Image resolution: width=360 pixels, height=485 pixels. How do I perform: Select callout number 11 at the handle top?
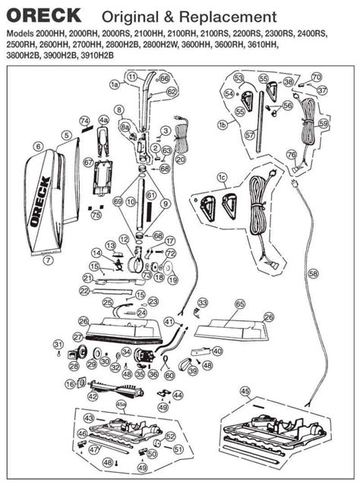[x=131, y=77]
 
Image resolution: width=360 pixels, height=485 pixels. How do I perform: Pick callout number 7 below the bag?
[x=47, y=260]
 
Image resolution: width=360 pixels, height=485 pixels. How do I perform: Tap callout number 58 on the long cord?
[x=314, y=271]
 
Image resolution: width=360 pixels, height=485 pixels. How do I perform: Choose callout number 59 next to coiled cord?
[x=324, y=123]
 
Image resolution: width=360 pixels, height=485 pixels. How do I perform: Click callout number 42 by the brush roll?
[x=93, y=395]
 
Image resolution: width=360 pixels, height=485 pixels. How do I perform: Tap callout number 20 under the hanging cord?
[x=180, y=160]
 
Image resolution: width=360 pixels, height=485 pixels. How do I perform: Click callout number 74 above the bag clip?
[x=85, y=121]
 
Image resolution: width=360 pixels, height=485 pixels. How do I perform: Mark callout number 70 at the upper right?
[x=317, y=77]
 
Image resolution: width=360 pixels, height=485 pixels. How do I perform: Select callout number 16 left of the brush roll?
[x=70, y=385]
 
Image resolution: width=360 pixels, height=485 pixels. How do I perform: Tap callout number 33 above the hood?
[x=201, y=303]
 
